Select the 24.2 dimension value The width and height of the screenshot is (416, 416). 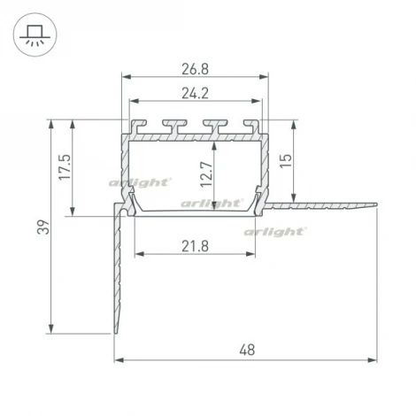click(195, 91)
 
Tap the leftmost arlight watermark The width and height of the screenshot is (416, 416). click(138, 182)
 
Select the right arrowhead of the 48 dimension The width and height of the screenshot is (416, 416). click(374, 361)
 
